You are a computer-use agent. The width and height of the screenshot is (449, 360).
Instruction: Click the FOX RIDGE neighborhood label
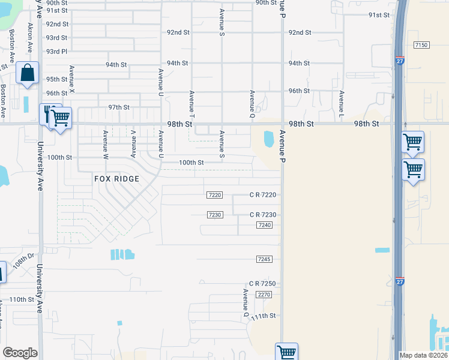click(x=116, y=179)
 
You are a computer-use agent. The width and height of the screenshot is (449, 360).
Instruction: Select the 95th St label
click(x=57, y=79)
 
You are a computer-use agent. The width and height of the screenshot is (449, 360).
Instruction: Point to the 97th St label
click(x=119, y=107)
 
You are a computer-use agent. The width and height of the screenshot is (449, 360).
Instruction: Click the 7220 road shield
click(x=215, y=195)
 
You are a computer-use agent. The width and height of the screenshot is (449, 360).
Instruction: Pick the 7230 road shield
click(x=215, y=215)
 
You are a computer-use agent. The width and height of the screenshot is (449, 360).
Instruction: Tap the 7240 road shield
click(x=264, y=224)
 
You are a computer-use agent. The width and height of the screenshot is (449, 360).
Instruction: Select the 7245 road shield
click(x=264, y=259)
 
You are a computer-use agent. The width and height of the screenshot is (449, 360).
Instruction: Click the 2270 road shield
click(x=264, y=295)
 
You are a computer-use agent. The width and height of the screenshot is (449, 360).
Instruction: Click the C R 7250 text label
click(x=262, y=284)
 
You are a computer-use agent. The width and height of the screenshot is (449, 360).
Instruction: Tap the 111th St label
click(x=264, y=316)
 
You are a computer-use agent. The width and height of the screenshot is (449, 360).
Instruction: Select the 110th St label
click(x=21, y=299)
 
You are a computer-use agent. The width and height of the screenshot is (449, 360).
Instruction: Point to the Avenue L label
click(x=341, y=104)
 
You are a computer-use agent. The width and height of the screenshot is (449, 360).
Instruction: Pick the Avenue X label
click(x=71, y=79)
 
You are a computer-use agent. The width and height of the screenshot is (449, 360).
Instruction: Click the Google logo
click(x=20, y=353)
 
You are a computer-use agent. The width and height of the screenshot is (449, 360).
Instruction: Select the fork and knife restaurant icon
click(x=47, y=113)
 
